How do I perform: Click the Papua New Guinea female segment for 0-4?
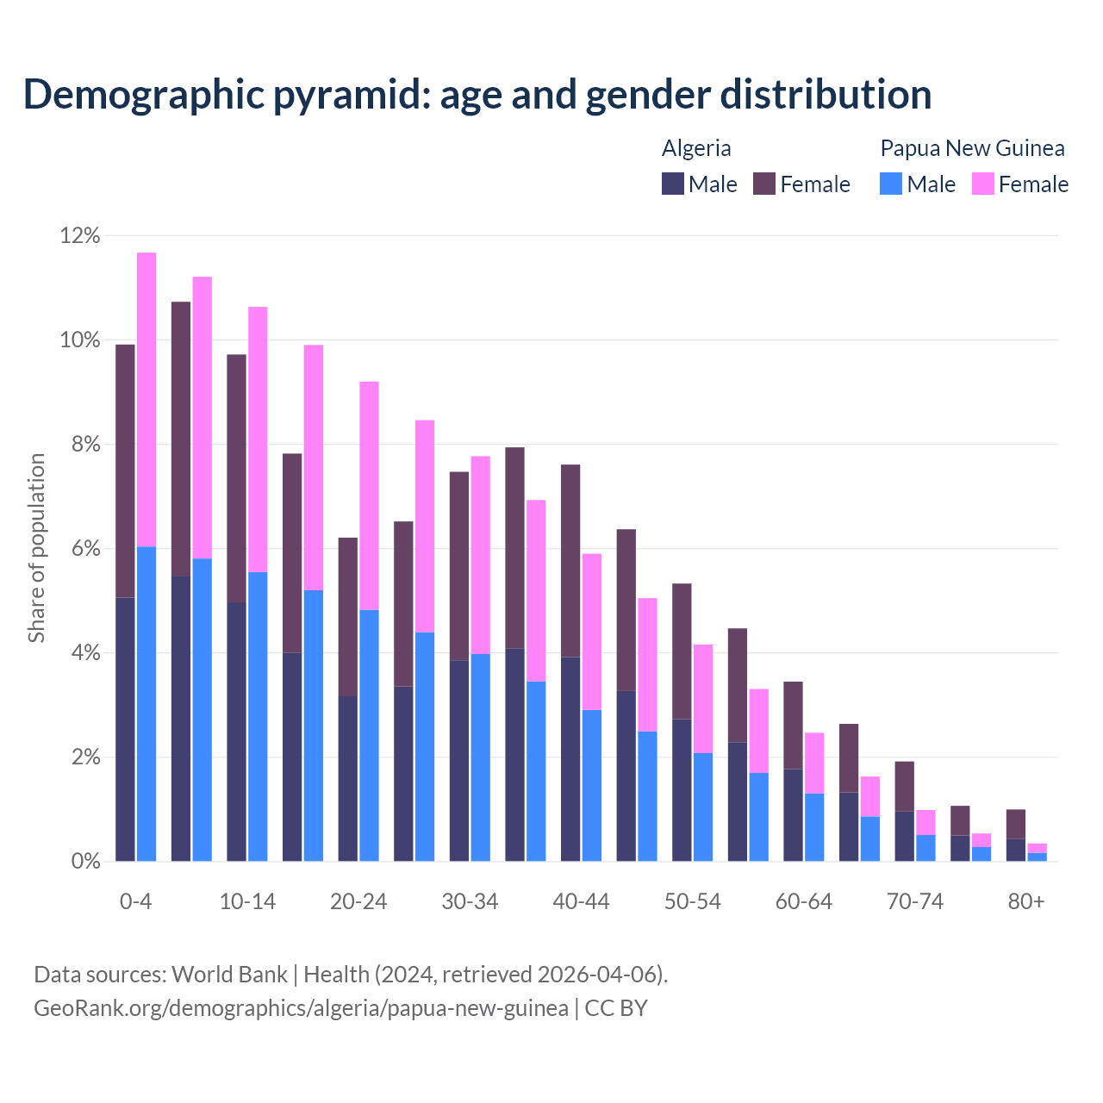tap(146, 399)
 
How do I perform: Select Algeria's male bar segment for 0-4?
tap(125, 729)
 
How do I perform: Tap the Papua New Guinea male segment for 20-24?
tap(369, 735)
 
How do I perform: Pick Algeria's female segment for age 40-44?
tap(570, 561)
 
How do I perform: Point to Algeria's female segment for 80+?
tap(1016, 824)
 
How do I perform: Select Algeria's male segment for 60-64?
tap(793, 814)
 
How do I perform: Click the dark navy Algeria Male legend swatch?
tap(673, 184)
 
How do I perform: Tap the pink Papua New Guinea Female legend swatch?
tap(983, 184)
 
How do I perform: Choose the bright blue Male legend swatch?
tap(891, 184)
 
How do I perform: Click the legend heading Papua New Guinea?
tap(972, 148)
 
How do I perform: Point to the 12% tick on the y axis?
tap(80, 235)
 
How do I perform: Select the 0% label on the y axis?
tap(85, 862)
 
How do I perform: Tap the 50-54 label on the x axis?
tap(692, 901)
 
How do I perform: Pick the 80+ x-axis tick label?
tap(1026, 901)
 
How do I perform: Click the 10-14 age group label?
tap(247, 901)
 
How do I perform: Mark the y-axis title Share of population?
tap(36, 548)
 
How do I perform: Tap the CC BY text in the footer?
tap(616, 1007)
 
